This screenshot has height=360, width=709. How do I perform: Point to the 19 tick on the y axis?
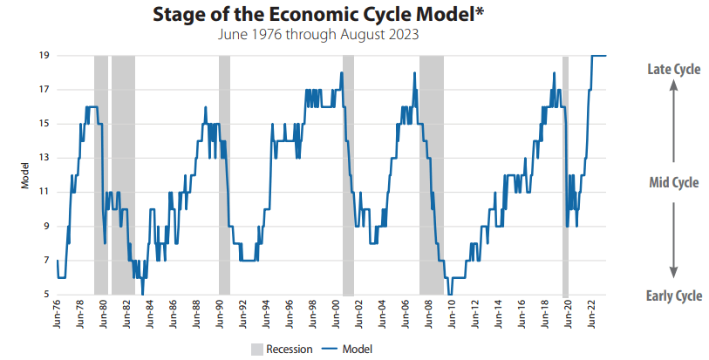click(x=42, y=56)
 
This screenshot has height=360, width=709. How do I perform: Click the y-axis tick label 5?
click(x=44, y=295)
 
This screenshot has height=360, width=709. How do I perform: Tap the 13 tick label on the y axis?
click(x=42, y=158)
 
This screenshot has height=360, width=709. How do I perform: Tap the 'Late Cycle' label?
click(x=673, y=70)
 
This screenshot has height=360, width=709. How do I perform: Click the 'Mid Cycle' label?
click(x=674, y=182)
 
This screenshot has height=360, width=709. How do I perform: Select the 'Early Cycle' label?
click(x=673, y=295)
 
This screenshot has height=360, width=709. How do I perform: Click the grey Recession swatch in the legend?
click(x=256, y=349)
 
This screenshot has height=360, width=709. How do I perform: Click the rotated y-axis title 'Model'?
click(x=25, y=175)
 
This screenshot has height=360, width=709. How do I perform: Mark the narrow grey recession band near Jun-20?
click(x=565, y=174)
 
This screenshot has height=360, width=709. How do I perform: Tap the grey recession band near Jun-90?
click(x=224, y=174)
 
